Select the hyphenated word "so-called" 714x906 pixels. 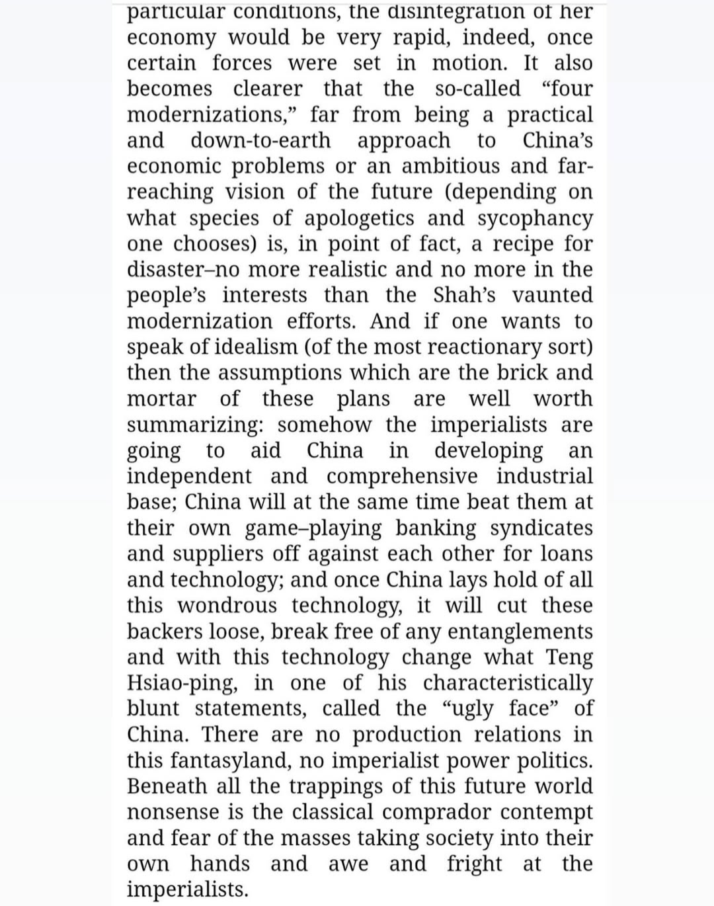pyautogui.click(x=477, y=89)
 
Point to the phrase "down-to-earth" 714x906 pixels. pyautogui.click(x=260, y=140)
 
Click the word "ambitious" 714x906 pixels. pyautogui.click(x=451, y=166)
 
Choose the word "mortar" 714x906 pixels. pyautogui.click(x=161, y=399)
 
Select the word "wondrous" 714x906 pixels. pyautogui.click(x=227, y=606)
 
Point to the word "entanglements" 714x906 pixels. pyautogui.click(x=520, y=632)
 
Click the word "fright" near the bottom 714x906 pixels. pyautogui.click(x=474, y=864)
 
